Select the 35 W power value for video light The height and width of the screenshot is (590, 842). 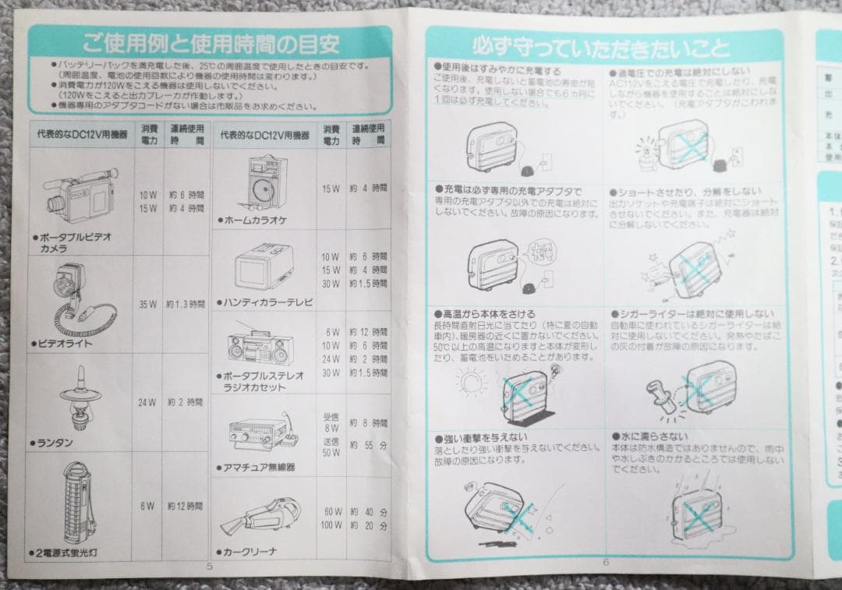click(x=147, y=304)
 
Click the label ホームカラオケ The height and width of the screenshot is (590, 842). click(x=255, y=221)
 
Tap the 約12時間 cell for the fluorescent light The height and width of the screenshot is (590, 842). click(x=186, y=506)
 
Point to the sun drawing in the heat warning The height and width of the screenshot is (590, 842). click(x=469, y=385)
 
